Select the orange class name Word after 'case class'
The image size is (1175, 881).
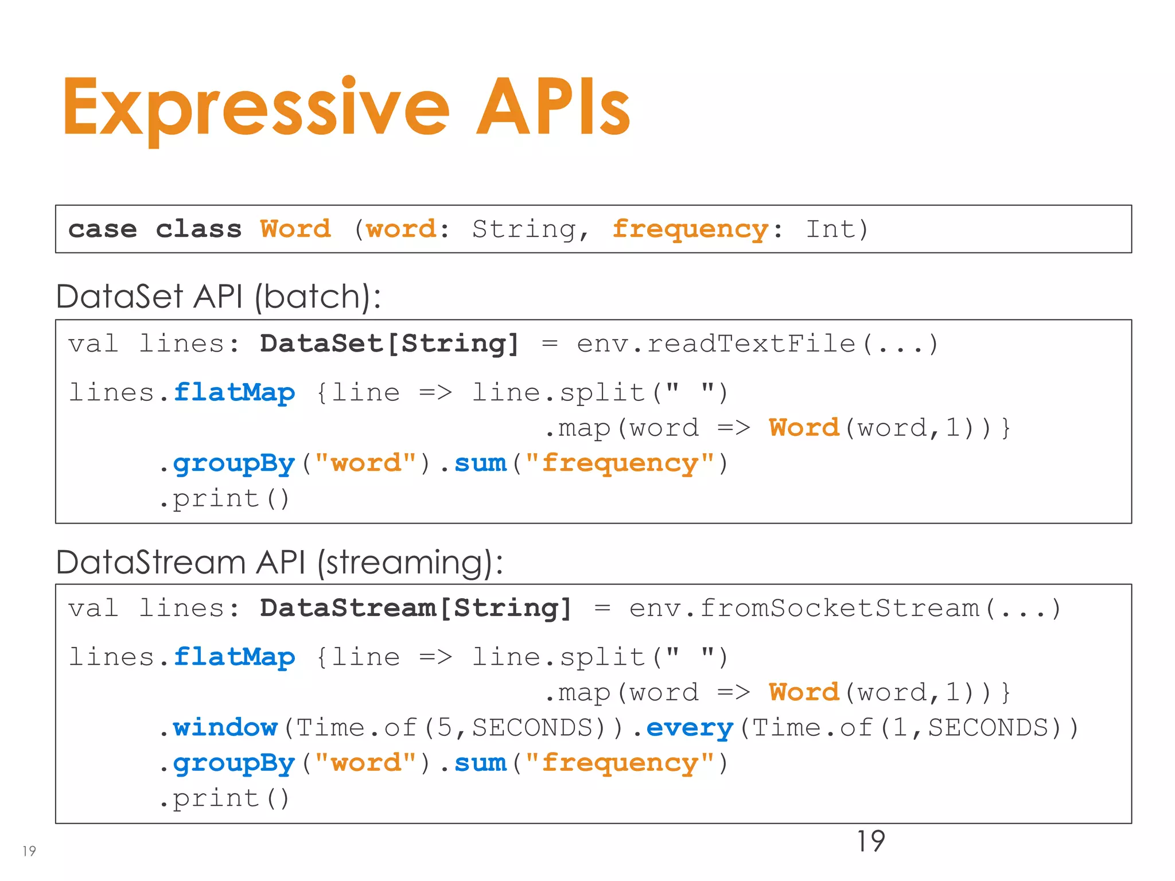[x=295, y=229]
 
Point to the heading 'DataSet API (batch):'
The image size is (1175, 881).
[x=219, y=297]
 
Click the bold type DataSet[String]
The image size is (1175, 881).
[x=389, y=344]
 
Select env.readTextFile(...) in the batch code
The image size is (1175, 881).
[x=757, y=344]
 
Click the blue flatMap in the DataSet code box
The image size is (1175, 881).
[x=234, y=393]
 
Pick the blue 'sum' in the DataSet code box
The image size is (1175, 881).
[x=480, y=463]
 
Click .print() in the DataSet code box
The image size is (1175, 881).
[x=224, y=498]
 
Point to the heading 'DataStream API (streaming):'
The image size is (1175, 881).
[x=279, y=562]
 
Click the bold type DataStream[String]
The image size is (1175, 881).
[x=415, y=609]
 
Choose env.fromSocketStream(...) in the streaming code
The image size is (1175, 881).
[x=845, y=609]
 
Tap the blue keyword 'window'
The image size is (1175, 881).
[x=225, y=728]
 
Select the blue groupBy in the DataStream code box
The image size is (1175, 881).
[x=234, y=763]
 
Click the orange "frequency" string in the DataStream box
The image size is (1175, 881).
[x=620, y=763]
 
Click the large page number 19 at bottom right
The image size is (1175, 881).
[x=870, y=841]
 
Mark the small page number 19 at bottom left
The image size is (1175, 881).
[x=29, y=851]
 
